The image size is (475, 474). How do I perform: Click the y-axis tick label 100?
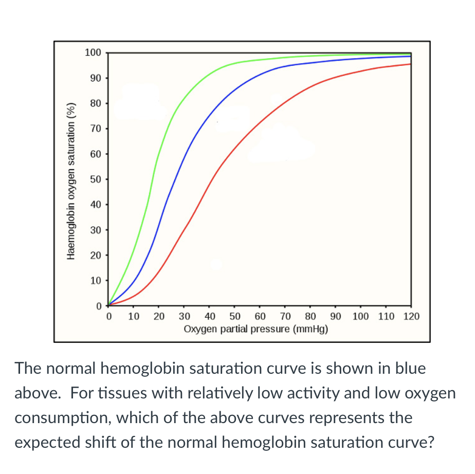click(x=93, y=52)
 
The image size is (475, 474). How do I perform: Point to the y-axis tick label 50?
click(x=96, y=179)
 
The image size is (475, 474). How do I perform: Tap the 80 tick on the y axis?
click(x=96, y=103)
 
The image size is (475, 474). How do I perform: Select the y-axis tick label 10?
click(x=96, y=280)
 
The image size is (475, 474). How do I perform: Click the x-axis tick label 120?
click(x=411, y=316)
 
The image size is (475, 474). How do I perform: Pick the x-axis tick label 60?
click(x=260, y=316)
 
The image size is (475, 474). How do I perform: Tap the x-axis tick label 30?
click(x=184, y=316)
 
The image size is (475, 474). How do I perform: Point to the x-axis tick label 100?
click(x=360, y=316)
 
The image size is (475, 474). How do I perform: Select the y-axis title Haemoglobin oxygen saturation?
click(x=71, y=180)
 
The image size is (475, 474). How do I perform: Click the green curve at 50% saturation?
click(x=152, y=179)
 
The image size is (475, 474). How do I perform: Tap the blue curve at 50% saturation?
click(x=173, y=179)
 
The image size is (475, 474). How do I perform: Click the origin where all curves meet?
click(x=108, y=305)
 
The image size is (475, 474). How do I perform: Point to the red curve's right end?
click(x=410, y=64)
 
